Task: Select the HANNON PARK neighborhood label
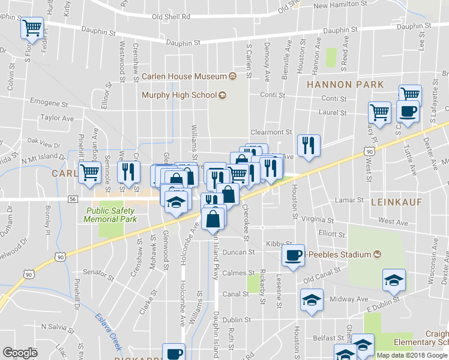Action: [x=345, y=85]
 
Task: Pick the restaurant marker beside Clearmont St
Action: [x=309, y=146]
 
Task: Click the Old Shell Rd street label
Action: [x=171, y=17]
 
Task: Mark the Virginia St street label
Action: [x=317, y=219]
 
